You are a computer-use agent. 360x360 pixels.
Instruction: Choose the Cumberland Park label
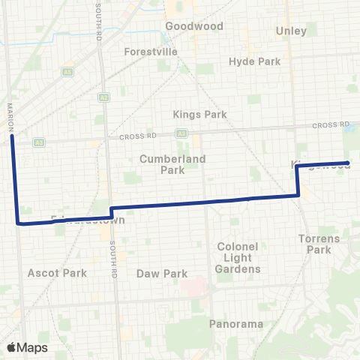(x=162, y=164)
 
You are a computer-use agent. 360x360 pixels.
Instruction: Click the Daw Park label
(x=162, y=274)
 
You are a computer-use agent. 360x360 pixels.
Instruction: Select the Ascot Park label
(x=57, y=273)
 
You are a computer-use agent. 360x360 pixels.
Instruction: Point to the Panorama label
(x=236, y=324)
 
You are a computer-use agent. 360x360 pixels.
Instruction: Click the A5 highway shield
(x=67, y=72)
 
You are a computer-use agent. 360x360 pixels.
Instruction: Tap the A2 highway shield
(x=103, y=97)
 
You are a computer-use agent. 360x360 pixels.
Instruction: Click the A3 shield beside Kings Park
(x=181, y=133)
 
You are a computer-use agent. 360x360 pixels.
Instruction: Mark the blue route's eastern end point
(x=348, y=163)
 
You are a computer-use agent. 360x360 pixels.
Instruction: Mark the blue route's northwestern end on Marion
(x=12, y=136)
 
